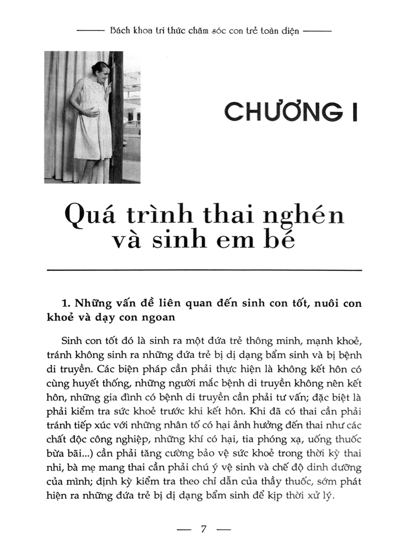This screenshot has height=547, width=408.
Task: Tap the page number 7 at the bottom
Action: click(204, 529)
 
